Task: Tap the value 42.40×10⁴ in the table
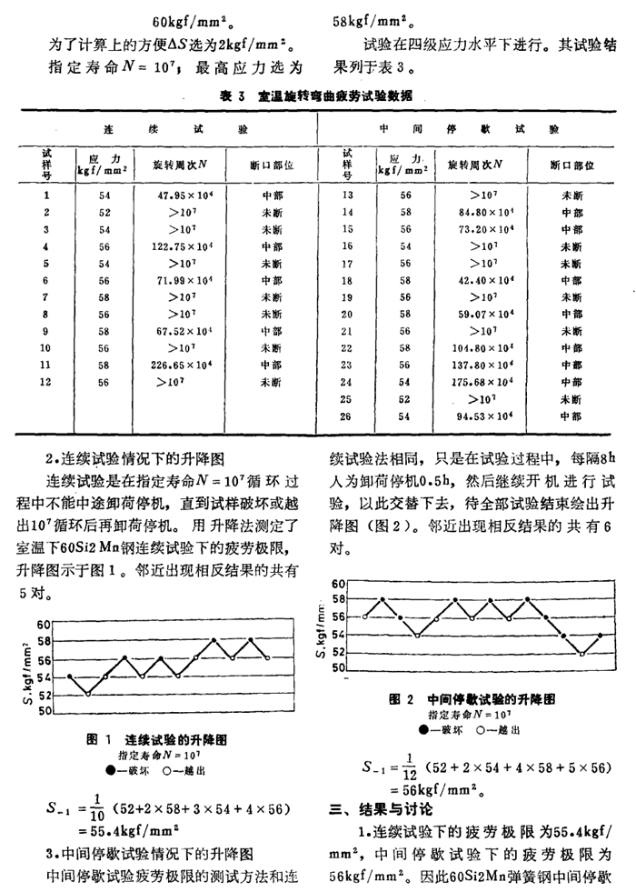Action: click(x=474, y=280)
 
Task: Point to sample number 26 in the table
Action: click(x=345, y=416)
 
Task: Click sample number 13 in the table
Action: click(x=345, y=194)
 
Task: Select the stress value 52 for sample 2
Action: click(x=104, y=211)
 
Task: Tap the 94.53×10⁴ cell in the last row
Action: click(x=474, y=416)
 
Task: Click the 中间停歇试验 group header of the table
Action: click(x=473, y=131)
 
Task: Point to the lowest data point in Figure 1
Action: click(x=88, y=694)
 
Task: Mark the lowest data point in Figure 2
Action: click(x=582, y=653)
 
